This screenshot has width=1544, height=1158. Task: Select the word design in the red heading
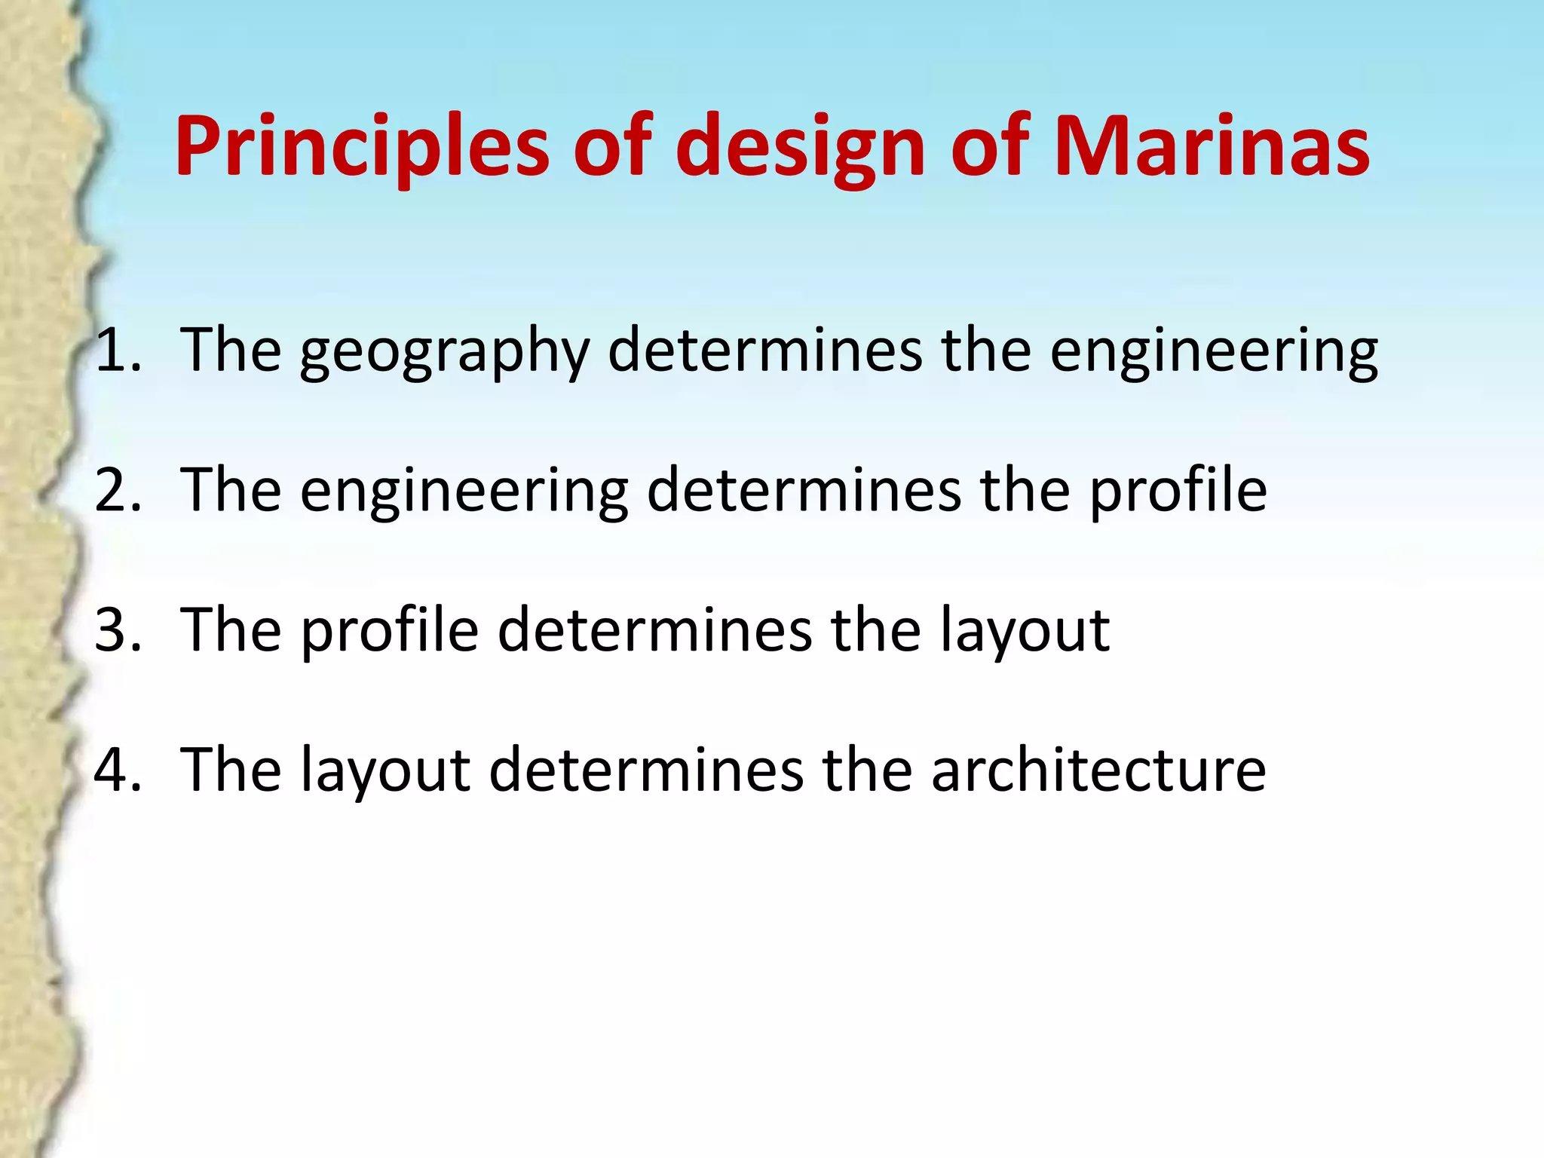pos(804,147)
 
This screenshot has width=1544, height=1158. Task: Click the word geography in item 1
pos(445,352)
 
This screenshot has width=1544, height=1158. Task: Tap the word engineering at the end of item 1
pos(1214,352)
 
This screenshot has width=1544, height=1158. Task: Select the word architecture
pos(1098,770)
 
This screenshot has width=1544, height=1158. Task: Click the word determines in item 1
pos(764,351)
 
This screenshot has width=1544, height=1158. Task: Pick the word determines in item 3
pos(654,630)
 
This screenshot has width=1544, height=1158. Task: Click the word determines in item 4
pos(646,770)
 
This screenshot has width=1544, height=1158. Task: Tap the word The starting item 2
pos(231,491)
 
